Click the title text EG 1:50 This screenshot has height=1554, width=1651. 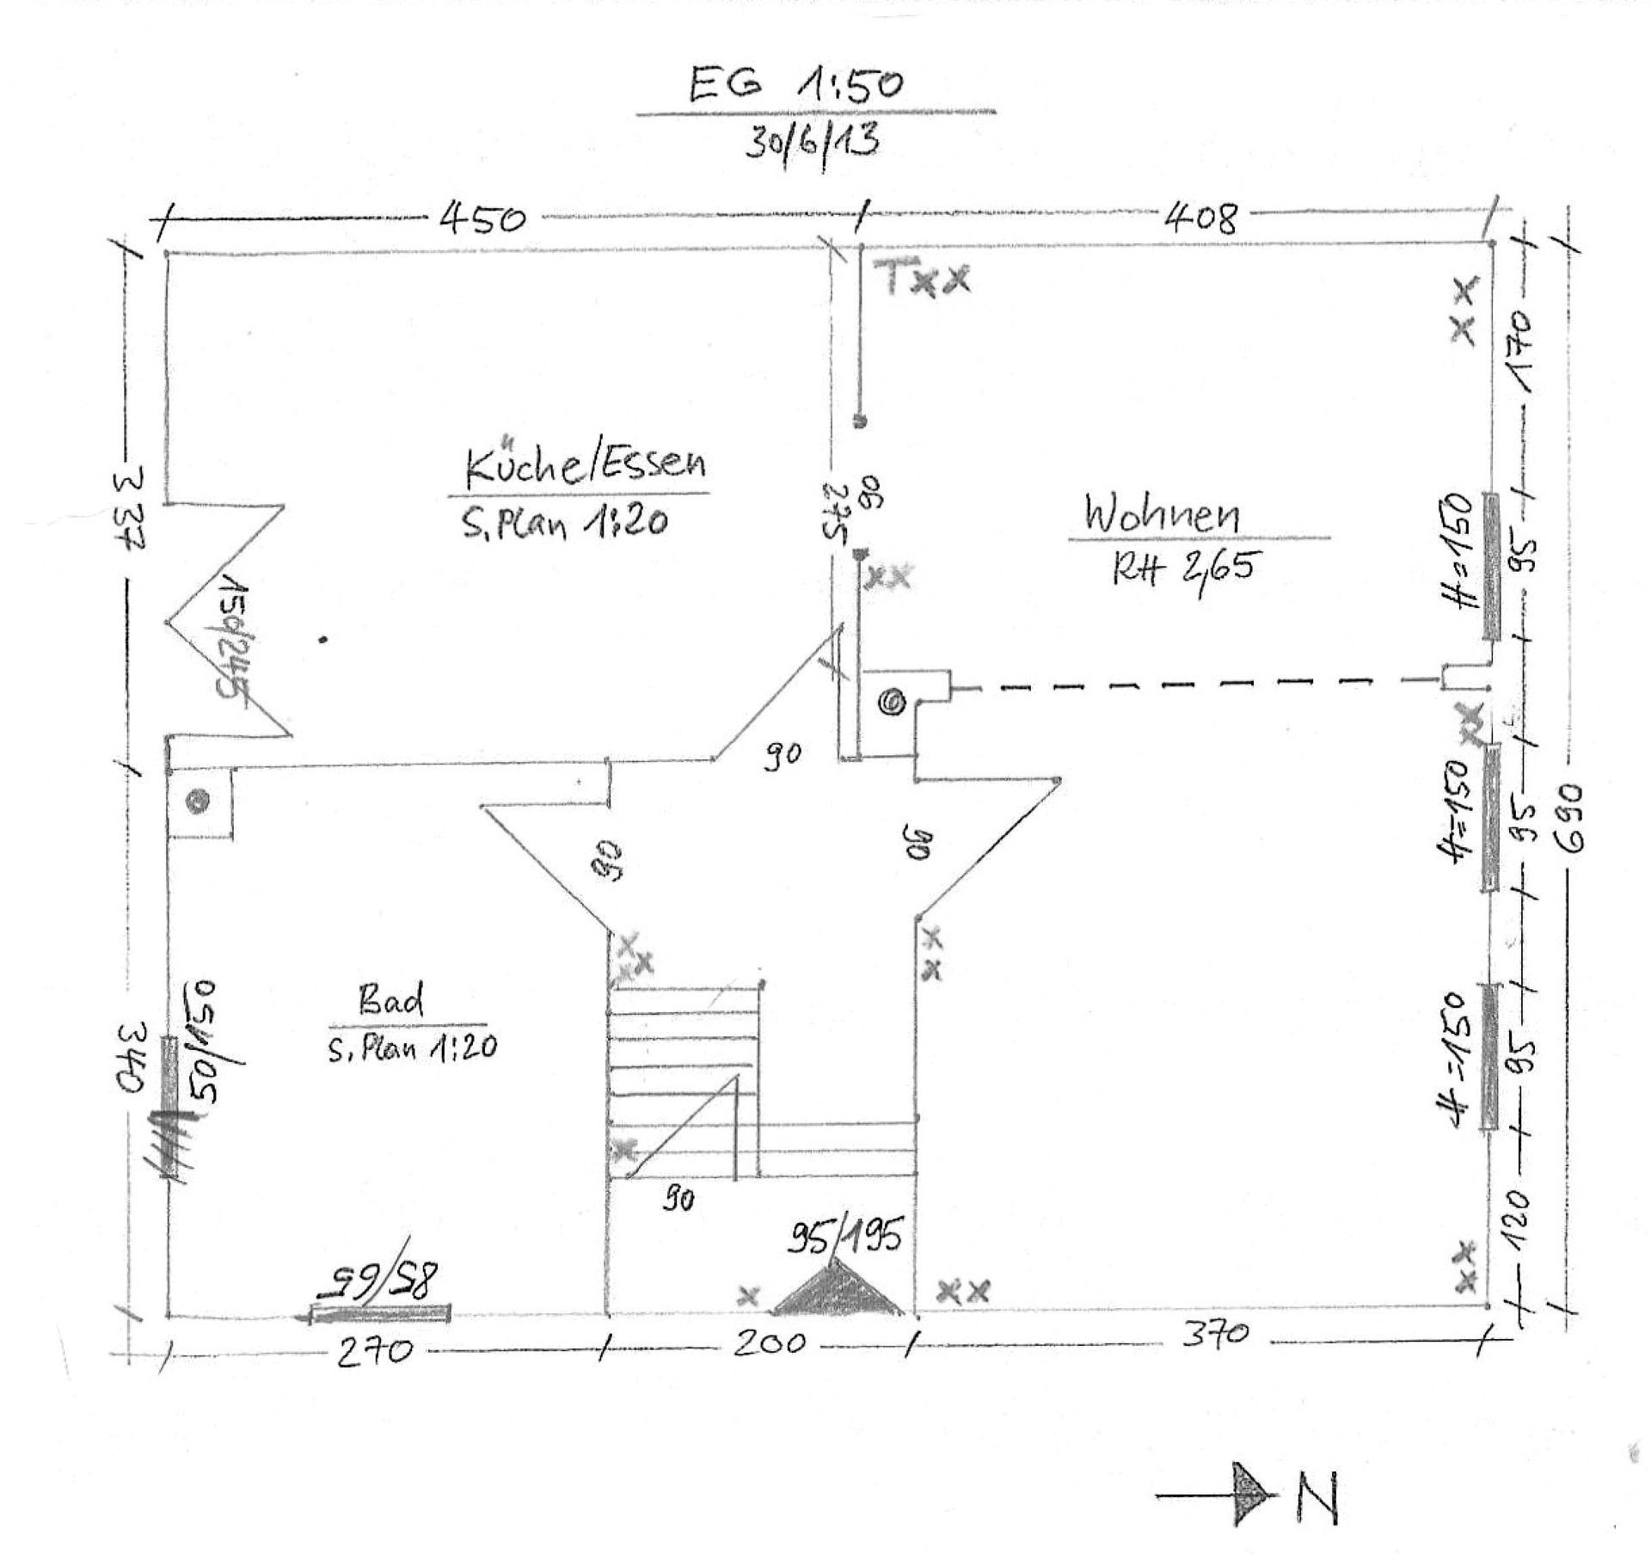[795, 84]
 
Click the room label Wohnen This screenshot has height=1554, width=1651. [1162, 513]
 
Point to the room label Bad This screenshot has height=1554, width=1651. [391, 1000]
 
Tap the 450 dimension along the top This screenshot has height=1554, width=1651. [482, 220]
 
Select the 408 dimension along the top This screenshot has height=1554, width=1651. [1201, 218]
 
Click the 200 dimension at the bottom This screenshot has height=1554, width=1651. [770, 1342]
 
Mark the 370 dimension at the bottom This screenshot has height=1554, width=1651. [1215, 1334]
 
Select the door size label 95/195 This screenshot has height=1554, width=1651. [844, 1237]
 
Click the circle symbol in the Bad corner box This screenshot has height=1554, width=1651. [199, 802]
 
